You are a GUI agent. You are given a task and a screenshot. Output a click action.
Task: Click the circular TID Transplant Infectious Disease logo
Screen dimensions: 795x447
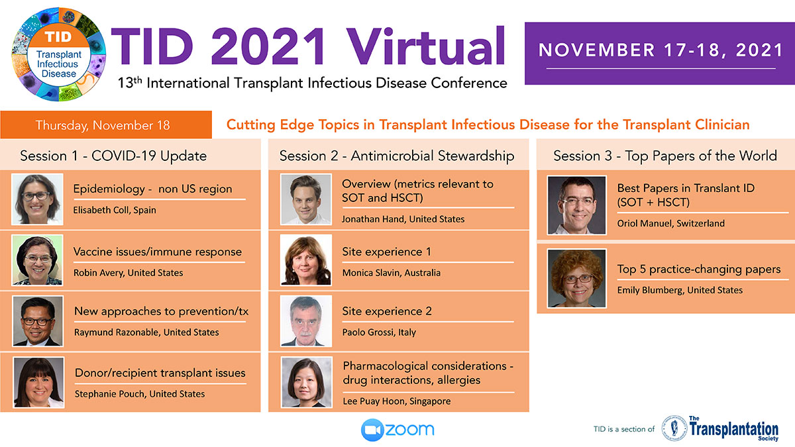pyautogui.click(x=59, y=54)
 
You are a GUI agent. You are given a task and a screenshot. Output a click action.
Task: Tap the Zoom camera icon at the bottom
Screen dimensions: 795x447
pyautogui.click(x=372, y=430)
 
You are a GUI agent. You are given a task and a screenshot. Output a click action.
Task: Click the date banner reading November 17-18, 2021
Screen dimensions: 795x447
pyautogui.click(x=660, y=53)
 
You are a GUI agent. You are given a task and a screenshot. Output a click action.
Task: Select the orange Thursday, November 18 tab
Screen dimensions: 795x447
pyautogui.click(x=106, y=124)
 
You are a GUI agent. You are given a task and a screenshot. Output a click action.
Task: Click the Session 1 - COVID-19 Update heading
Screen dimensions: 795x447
pyautogui.click(x=113, y=156)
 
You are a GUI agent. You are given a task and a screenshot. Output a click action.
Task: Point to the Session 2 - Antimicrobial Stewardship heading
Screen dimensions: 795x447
pyautogui.click(x=397, y=156)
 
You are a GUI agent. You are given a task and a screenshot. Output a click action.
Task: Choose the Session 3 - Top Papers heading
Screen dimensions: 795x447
pyautogui.click(x=665, y=156)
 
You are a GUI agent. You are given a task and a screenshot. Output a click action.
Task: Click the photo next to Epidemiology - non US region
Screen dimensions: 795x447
pyautogui.click(x=37, y=199)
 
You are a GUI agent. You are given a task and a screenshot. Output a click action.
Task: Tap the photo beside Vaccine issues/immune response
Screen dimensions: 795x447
pyautogui.click(x=37, y=260)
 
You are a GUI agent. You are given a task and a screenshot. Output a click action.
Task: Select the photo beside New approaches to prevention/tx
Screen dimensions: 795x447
pyautogui.click(x=38, y=321)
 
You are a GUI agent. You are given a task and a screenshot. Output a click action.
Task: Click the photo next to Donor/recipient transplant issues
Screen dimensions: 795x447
pyautogui.click(x=38, y=383)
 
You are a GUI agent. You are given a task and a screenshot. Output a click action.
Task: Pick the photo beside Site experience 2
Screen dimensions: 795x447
pyautogui.click(x=306, y=321)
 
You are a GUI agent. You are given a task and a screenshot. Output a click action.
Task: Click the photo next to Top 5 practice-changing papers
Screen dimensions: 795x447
pyautogui.click(x=577, y=279)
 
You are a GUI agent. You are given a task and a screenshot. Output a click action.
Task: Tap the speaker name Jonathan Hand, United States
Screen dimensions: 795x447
pyautogui.click(x=403, y=219)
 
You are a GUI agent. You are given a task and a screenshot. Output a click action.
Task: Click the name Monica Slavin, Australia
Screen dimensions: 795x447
pyautogui.click(x=391, y=273)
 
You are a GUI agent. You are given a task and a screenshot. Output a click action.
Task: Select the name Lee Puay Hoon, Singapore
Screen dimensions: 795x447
pyautogui.click(x=396, y=401)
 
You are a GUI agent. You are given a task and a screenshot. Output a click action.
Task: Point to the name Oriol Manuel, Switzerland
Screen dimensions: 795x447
pyautogui.click(x=670, y=223)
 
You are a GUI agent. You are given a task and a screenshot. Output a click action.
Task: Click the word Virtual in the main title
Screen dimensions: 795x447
pyautogui.click(x=426, y=46)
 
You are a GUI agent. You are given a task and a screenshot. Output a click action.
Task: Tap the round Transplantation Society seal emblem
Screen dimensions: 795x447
pyautogui.click(x=674, y=428)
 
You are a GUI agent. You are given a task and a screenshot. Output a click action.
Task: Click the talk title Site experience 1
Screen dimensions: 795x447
pyautogui.click(x=386, y=252)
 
